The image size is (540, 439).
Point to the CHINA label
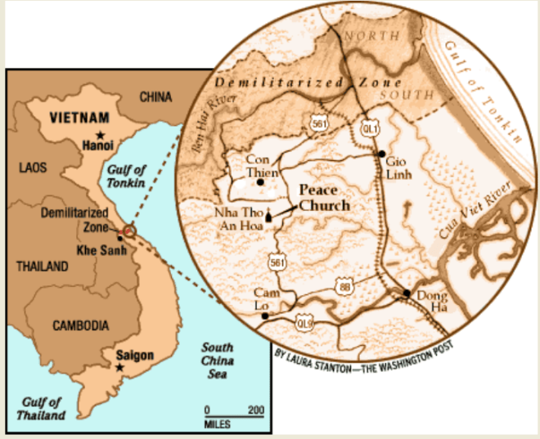(155, 97)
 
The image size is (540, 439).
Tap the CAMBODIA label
(81, 325)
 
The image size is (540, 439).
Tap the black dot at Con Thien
(260, 182)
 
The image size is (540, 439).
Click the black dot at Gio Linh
(381, 154)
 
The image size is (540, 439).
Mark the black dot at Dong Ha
(407, 293)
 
